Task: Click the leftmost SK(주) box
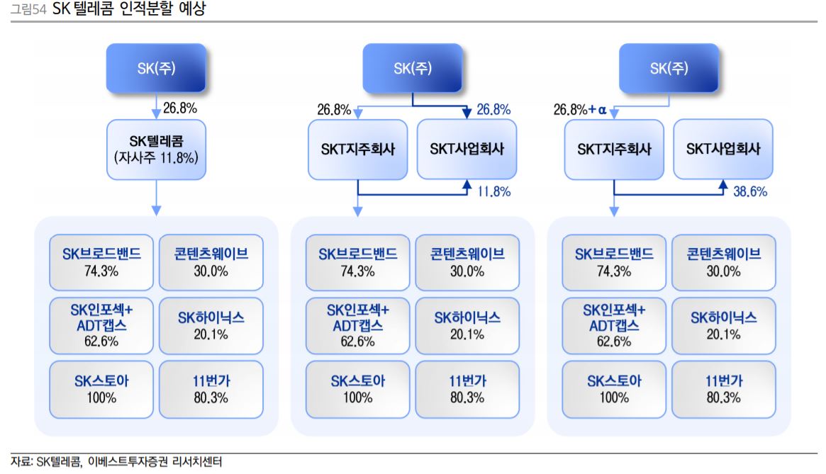[x=156, y=68]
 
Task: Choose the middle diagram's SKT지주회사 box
[x=358, y=149]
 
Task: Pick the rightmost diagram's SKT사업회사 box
[x=723, y=149]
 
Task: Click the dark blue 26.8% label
[x=493, y=110]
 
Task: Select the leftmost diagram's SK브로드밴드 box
[x=101, y=261]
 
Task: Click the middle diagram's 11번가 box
[x=467, y=388]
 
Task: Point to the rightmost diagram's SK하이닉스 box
[x=724, y=325]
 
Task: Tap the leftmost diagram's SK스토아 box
[x=101, y=388]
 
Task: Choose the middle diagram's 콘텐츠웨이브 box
[x=467, y=261]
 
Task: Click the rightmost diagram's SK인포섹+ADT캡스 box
[x=614, y=325]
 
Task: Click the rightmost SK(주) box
[x=669, y=68]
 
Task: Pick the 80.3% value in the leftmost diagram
[x=211, y=397]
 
